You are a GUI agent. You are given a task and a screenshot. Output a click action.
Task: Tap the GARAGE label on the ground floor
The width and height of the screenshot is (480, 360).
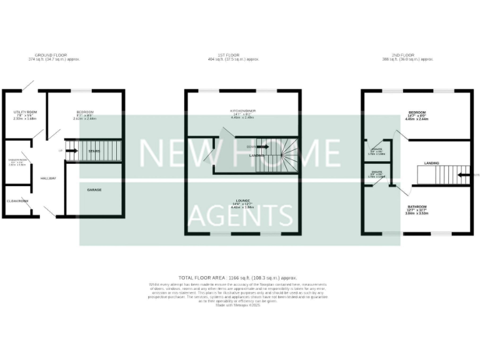(94, 189)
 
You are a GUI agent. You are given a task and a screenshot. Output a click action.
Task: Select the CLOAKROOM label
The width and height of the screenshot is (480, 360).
(18, 201)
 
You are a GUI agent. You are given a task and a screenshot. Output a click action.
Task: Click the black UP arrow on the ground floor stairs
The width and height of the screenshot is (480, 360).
(70, 150)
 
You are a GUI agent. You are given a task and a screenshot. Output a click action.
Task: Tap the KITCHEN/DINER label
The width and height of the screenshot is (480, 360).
(242, 111)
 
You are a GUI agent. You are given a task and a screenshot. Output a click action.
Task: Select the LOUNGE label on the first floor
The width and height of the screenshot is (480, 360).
(242, 201)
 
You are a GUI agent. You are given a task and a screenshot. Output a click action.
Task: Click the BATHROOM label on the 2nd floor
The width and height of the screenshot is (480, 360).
(417, 207)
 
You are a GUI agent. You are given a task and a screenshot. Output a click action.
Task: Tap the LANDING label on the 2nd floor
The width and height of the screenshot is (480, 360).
(431, 163)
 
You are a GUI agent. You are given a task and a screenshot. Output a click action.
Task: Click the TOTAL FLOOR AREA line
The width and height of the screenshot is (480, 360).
(237, 277)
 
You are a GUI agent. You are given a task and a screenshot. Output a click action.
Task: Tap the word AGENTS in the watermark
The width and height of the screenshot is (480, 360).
(241, 216)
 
